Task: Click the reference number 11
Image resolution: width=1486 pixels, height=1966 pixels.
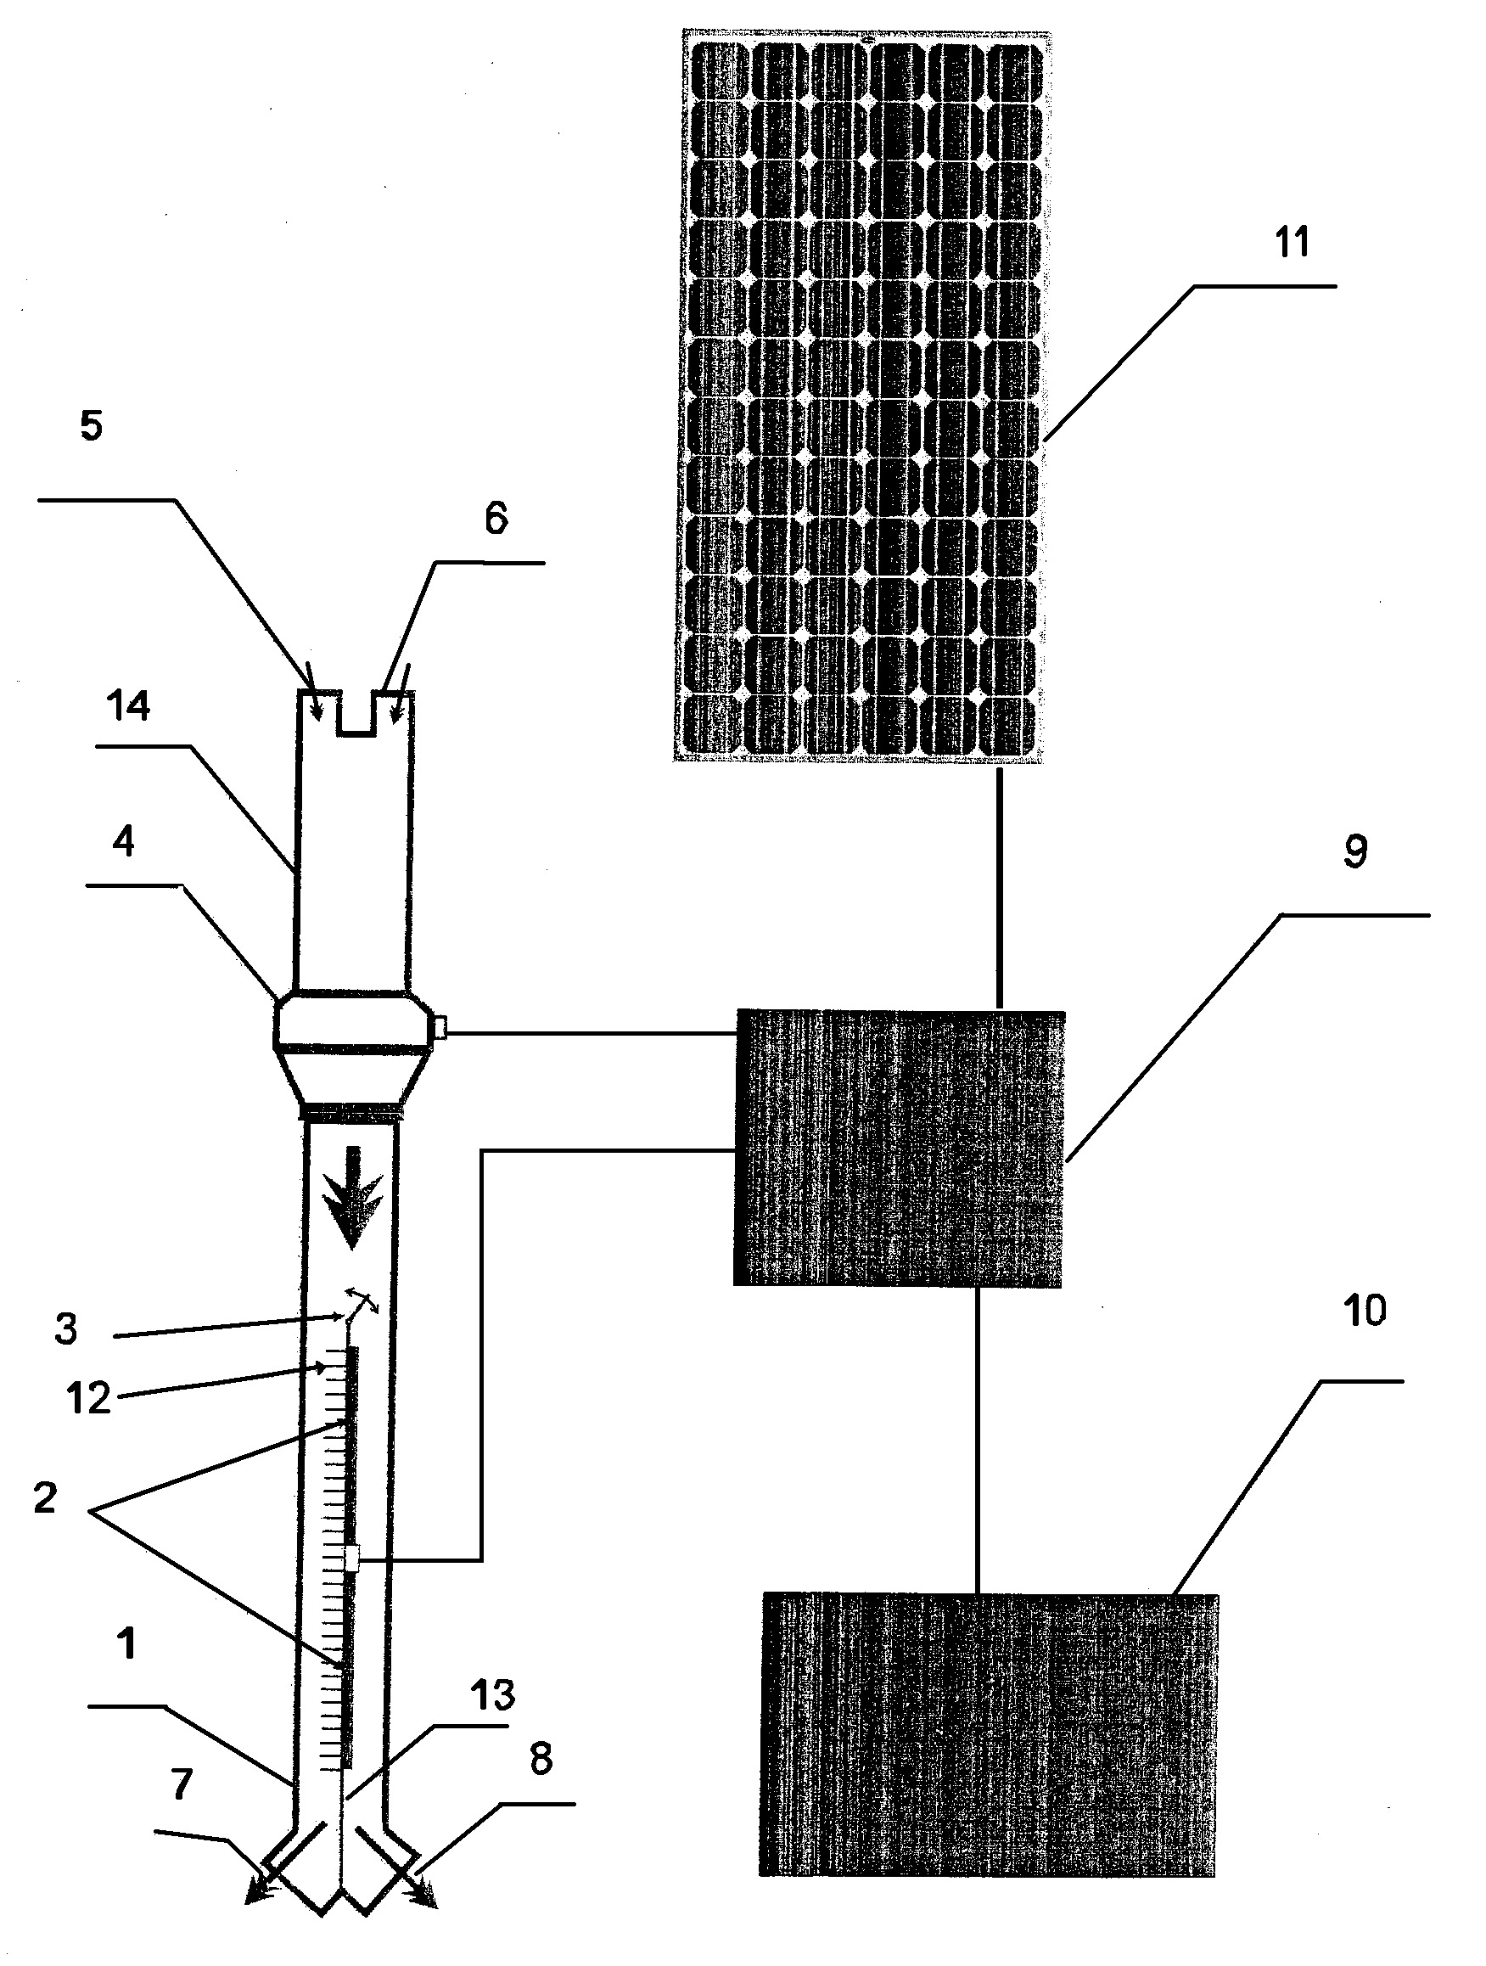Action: pos(1293,243)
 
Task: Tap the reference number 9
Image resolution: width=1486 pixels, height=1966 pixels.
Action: pos(1354,851)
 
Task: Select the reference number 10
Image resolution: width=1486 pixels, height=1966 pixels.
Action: pos(1365,1311)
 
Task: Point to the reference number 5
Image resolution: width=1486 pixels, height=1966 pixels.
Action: pos(92,426)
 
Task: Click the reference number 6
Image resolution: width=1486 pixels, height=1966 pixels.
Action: pos(496,518)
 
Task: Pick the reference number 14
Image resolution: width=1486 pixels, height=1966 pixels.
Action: pos(129,706)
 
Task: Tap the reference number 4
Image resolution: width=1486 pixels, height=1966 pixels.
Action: pos(124,840)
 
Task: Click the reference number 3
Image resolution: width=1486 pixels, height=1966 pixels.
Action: pos(65,1329)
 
